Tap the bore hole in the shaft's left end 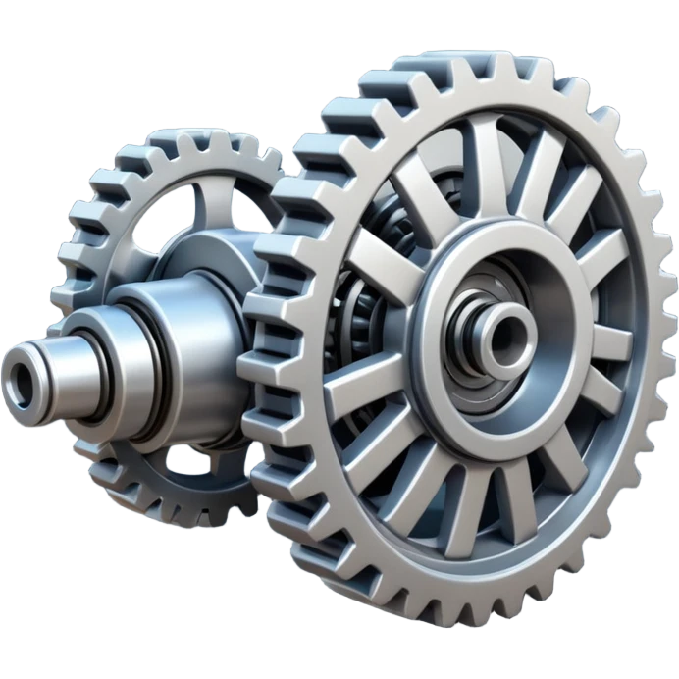[19, 375]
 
